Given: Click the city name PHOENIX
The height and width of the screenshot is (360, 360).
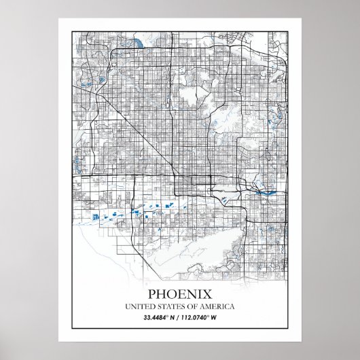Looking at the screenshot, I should coord(180,295).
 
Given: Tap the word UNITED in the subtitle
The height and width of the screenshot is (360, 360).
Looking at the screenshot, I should coord(139,307).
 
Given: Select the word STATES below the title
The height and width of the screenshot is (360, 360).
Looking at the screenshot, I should coord(170,307).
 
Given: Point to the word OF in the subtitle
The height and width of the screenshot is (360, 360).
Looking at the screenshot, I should coord(195,307).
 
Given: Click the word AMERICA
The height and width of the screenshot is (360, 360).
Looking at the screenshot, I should coord(219,307).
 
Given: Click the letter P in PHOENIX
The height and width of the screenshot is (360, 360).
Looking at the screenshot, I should coord(151,295).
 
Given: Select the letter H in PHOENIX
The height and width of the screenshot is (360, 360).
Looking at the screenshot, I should coord(161,295).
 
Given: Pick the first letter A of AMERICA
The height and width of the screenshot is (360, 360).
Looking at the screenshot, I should coord(206,307).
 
